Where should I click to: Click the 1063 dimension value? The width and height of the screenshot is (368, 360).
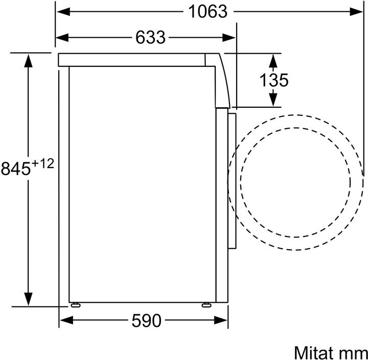pyautogui.click(x=208, y=12)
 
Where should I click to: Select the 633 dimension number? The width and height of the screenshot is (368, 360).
pyautogui.click(x=150, y=37)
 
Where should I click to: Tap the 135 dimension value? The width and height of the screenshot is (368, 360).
pyautogui.click(x=273, y=80)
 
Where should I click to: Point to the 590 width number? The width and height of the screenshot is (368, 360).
pyautogui.click(x=147, y=321)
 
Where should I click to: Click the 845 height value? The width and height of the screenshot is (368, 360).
pyautogui.click(x=16, y=169)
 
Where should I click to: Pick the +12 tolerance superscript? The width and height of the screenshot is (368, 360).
pyautogui.click(x=43, y=164)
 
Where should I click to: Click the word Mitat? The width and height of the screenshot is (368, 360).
pyautogui.click(x=314, y=352)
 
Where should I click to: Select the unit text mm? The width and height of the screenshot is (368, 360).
pyautogui.click(x=353, y=354)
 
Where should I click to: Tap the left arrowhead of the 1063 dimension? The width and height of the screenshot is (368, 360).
pyautogui.click(x=63, y=12)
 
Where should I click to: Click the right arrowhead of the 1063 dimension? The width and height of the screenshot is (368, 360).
pyautogui.click(x=356, y=12)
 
